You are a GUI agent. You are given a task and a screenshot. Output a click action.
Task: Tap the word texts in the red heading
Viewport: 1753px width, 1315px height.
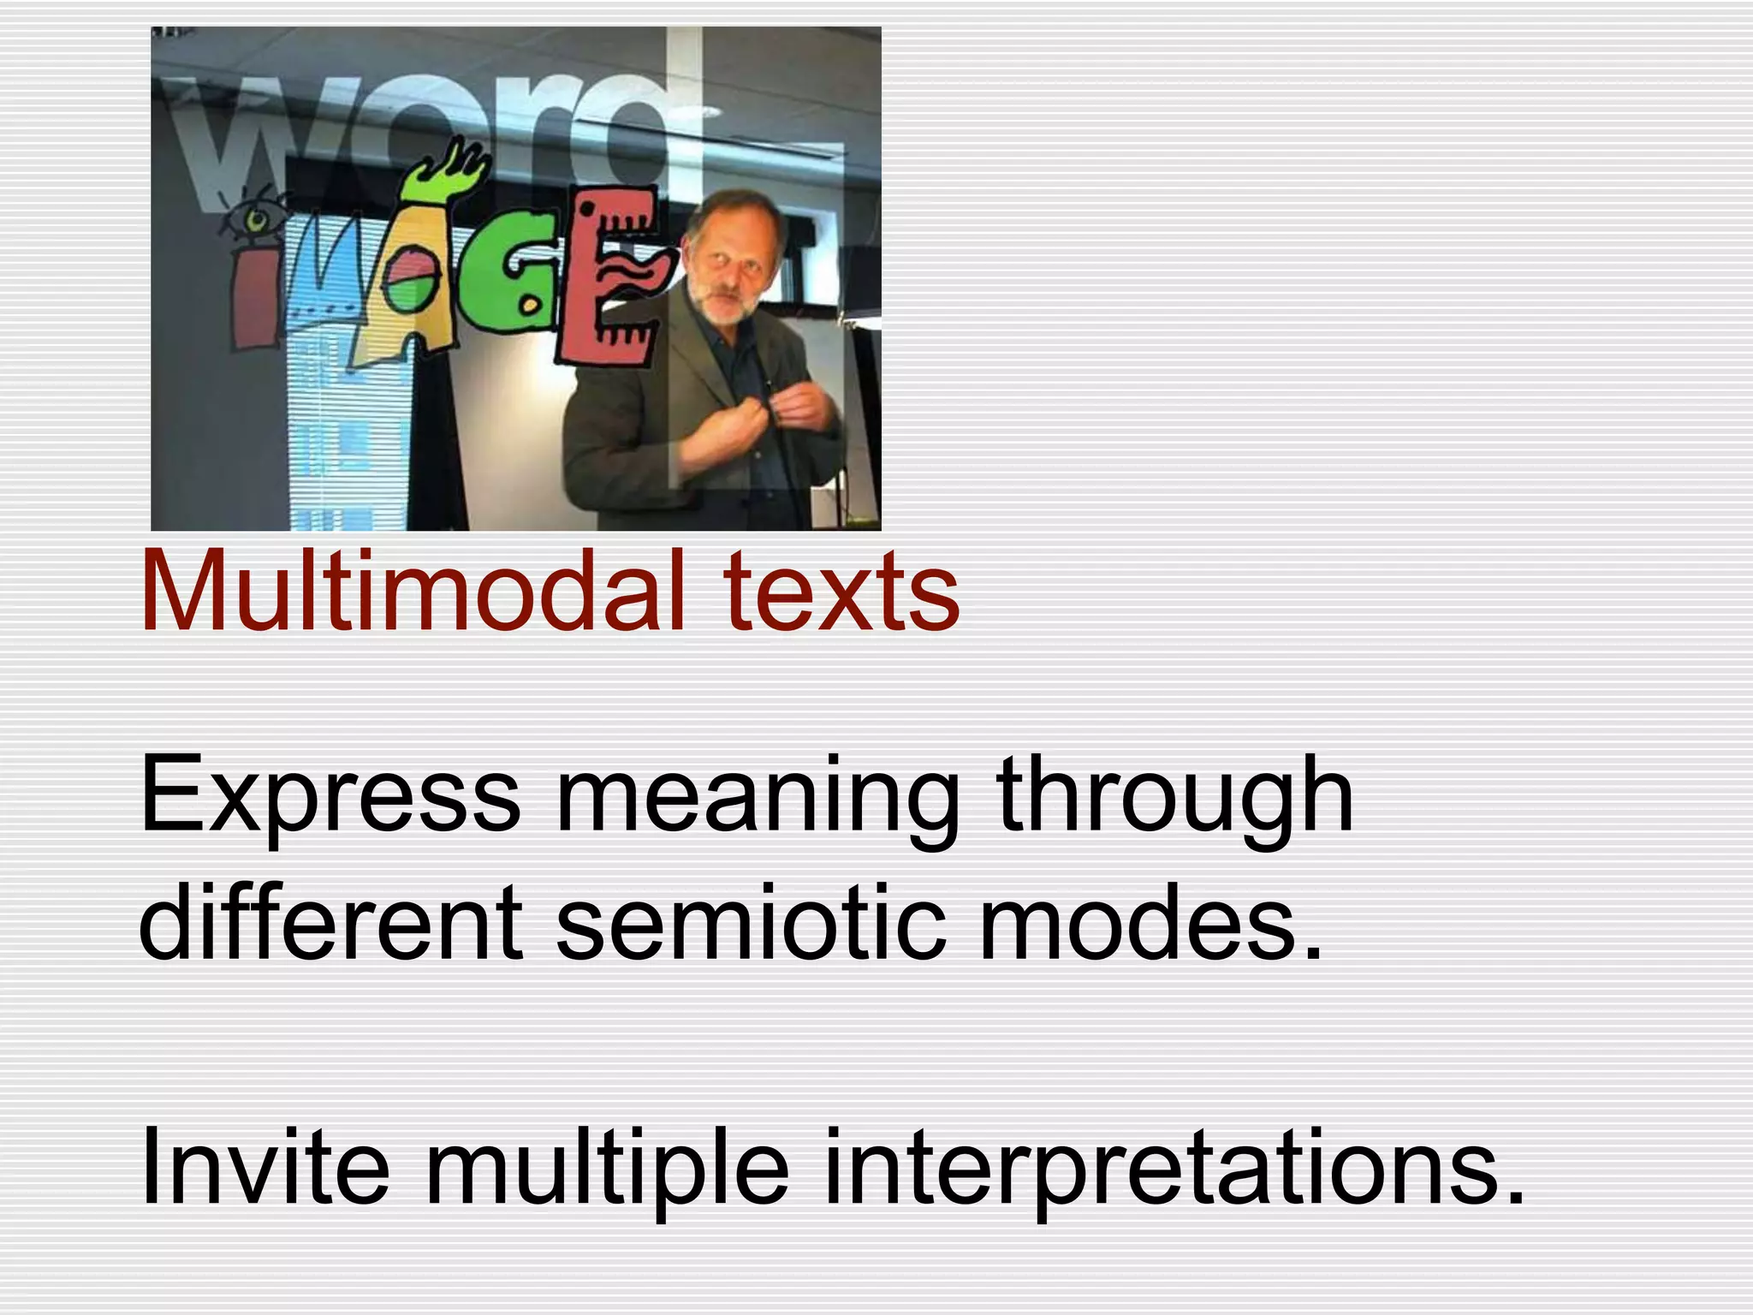click(x=841, y=593)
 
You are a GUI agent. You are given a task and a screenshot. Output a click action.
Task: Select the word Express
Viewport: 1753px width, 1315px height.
click(x=330, y=796)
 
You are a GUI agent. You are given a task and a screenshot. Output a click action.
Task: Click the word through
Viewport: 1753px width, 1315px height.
click(x=1175, y=796)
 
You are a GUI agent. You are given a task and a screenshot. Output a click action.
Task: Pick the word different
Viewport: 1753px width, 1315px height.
click(x=330, y=923)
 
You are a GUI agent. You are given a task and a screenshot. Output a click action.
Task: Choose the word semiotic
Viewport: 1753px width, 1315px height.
click(x=751, y=923)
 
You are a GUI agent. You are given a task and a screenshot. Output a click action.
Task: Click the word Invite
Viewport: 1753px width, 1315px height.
click(x=265, y=1165)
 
